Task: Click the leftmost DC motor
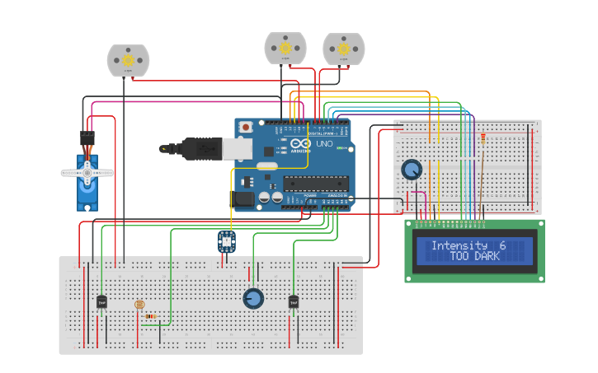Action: (x=128, y=60)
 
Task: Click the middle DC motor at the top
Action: (x=285, y=48)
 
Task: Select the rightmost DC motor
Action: (x=343, y=49)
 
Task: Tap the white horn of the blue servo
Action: (x=87, y=172)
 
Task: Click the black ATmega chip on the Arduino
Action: (x=317, y=183)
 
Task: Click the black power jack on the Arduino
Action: (x=244, y=198)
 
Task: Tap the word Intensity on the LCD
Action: (x=459, y=245)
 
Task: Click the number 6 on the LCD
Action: (x=502, y=245)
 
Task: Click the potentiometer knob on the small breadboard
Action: (x=411, y=170)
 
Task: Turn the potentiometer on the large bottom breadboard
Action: (x=253, y=298)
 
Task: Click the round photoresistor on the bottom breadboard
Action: (x=139, y=304)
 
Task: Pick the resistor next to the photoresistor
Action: (x=150, y=315)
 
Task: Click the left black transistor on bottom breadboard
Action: (x=101, y=302)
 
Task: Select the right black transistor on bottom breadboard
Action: (x=293, y=302)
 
